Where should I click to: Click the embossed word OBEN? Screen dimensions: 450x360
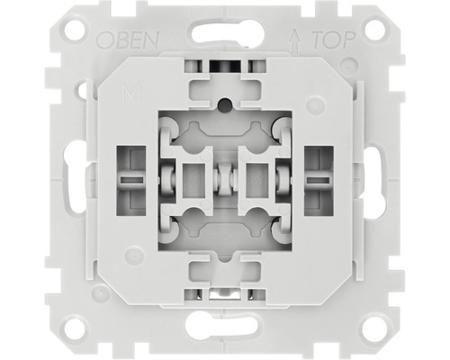coord(128,40)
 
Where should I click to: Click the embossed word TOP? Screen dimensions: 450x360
coord(334,40)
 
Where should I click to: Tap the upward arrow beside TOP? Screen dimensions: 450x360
coord(295,40)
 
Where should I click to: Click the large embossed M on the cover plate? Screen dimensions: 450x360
coord(131,94)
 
